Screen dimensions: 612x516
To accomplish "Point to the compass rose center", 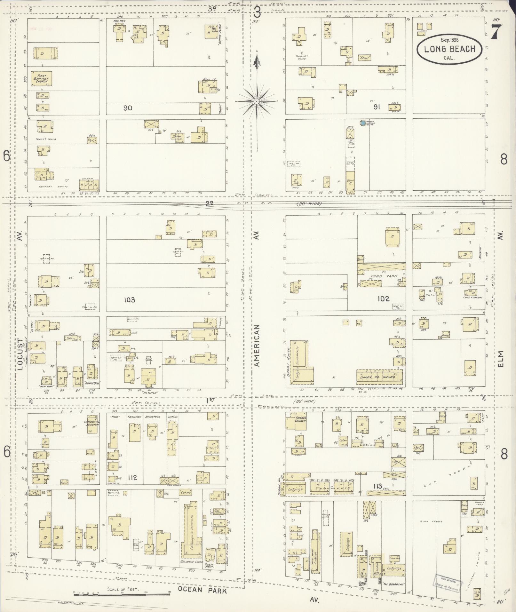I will coord(257,101).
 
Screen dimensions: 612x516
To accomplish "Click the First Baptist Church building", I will coord(41,79).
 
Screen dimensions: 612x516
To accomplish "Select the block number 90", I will coord(128,108).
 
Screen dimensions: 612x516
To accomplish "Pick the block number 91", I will coord(377,107).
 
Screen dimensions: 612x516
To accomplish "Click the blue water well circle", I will coord(362,123).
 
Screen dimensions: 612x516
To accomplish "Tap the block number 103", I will coord(129,300).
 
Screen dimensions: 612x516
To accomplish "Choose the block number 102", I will coord(383,298).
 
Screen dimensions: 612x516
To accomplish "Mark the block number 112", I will coord(132,478).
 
